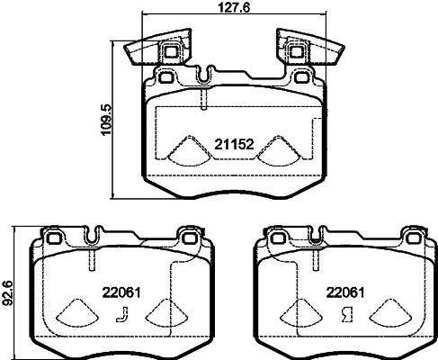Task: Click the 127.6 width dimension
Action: click(234, 7)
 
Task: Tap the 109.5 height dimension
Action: click(106, 120)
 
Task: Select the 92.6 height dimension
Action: click(6, 293)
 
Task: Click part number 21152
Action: click(234, 145)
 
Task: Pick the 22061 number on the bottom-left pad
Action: click(121, 292)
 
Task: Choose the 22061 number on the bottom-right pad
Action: click(345, 292)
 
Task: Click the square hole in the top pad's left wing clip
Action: click(171, 52)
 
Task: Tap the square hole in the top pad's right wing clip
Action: click(296, 52)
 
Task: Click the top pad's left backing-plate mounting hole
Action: click(165, 77)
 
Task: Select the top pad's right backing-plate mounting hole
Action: click(300, 77)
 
